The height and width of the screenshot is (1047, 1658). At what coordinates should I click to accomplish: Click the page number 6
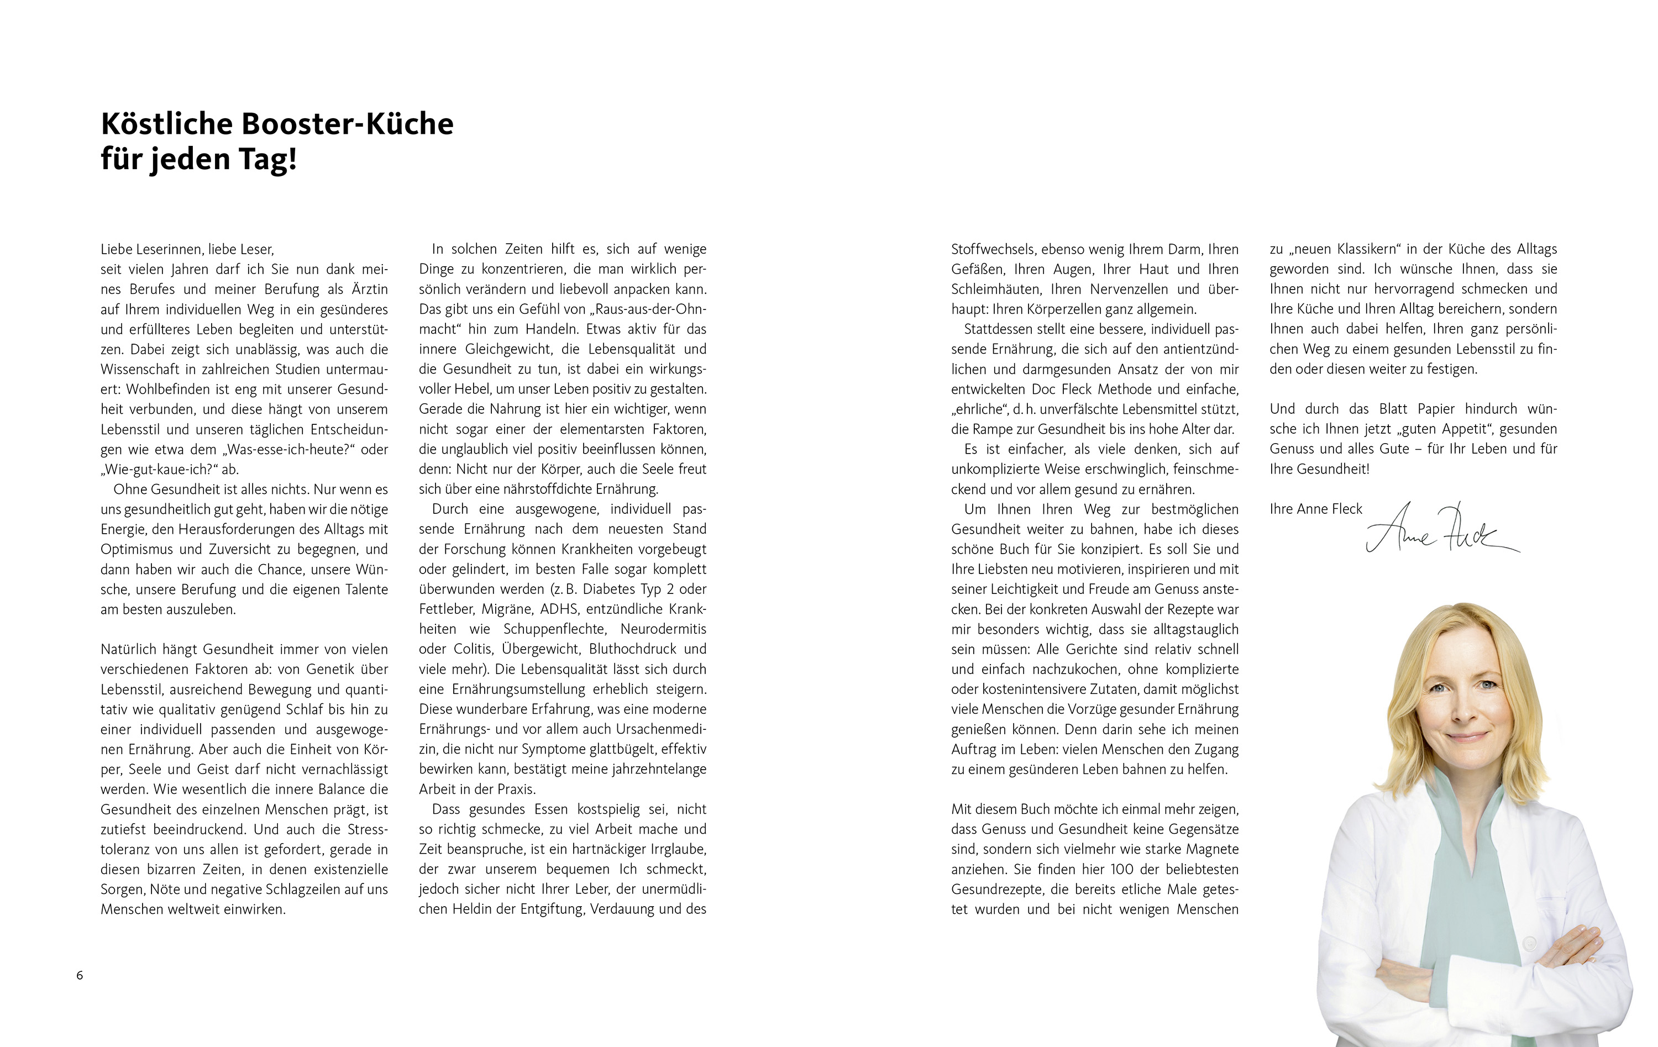pyautogui.click(x=80, y=975)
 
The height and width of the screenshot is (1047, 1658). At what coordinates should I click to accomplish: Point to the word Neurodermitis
pyautogui.click(x=663, y=629)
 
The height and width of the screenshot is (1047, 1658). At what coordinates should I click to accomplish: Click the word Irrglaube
pyautogui.click(x=677, y=849)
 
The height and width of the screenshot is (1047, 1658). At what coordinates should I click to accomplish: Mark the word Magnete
pyautogui.click(x=1212, y=849)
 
